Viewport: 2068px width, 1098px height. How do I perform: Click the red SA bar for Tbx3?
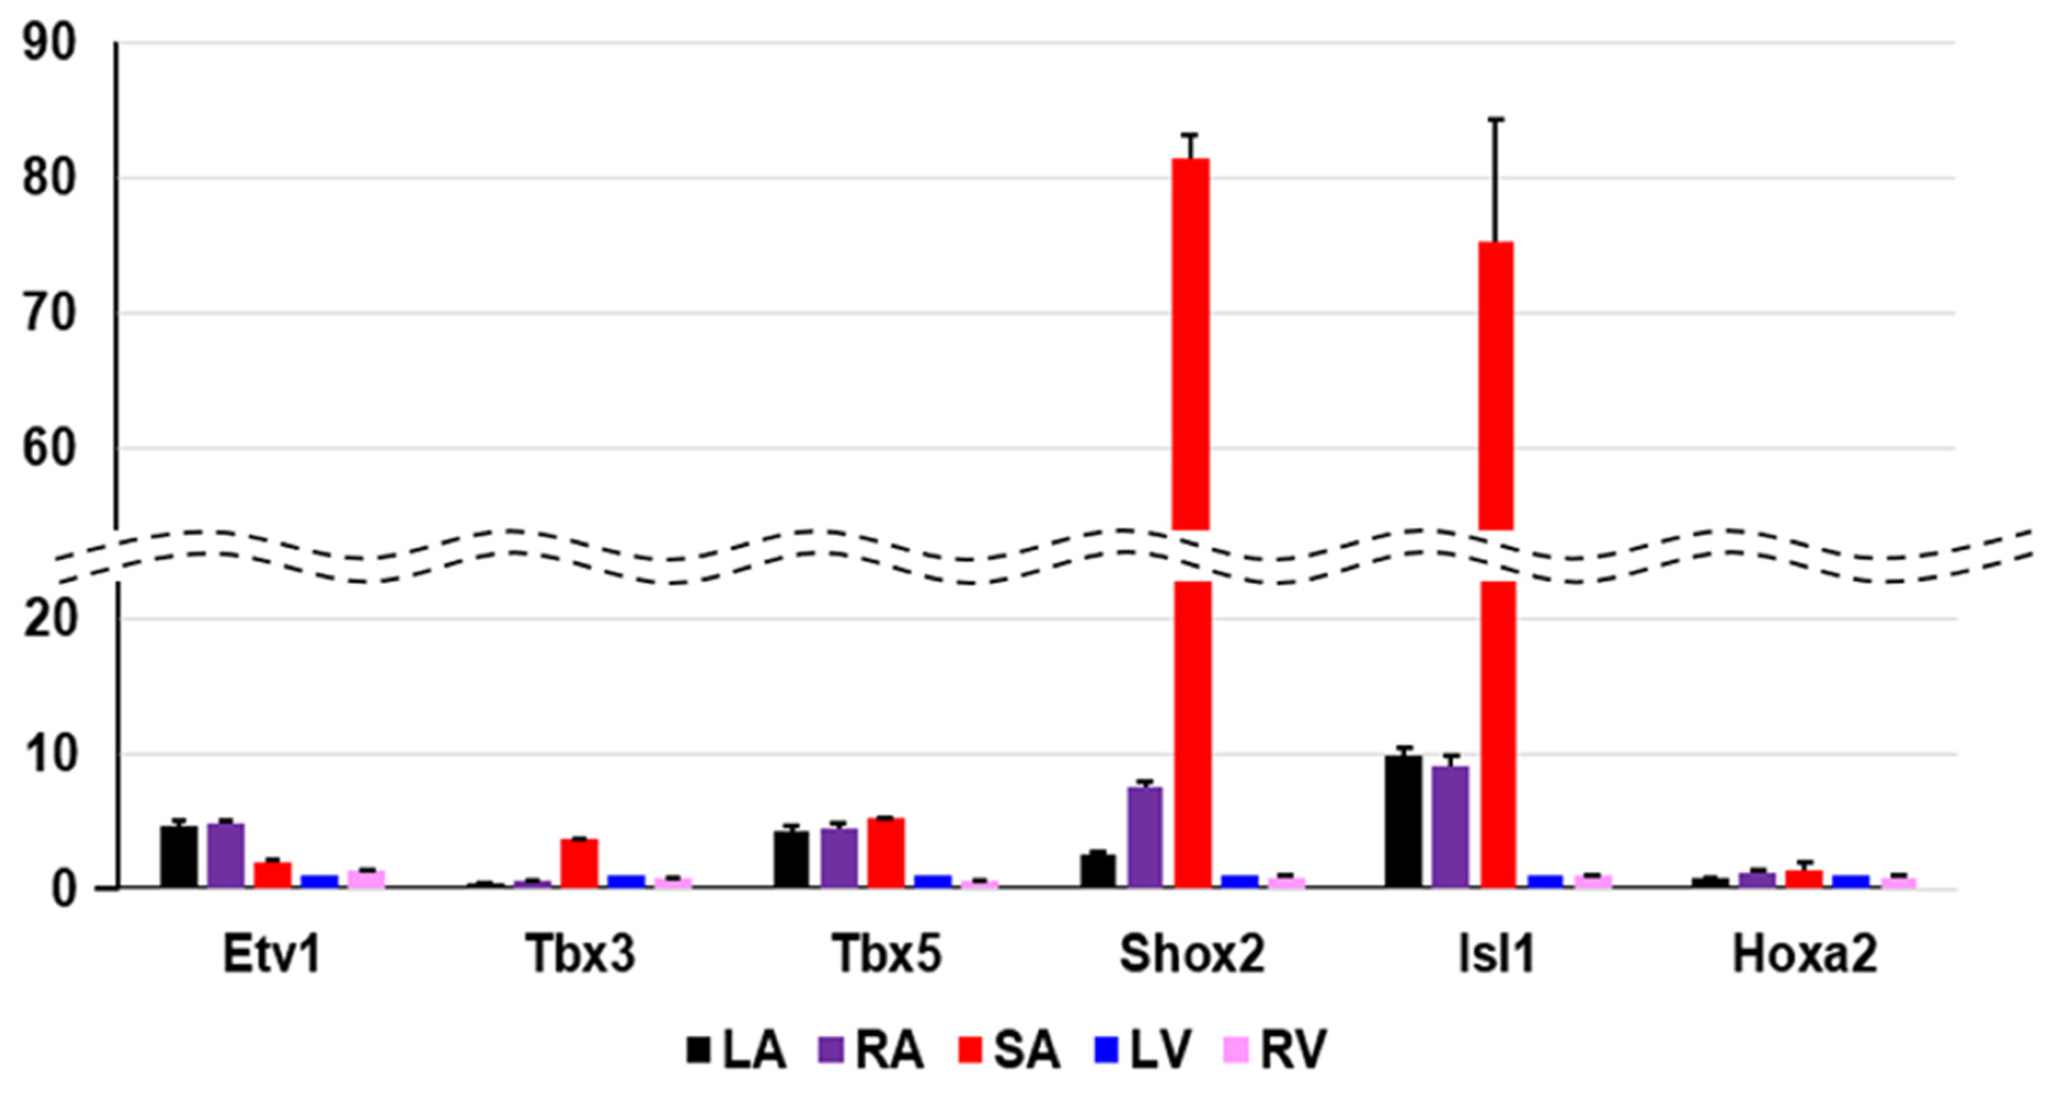579,863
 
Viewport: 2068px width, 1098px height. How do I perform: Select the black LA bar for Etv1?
178,857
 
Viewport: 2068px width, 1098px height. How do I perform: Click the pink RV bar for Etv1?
366,879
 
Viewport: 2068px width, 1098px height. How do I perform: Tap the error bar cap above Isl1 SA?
1496,119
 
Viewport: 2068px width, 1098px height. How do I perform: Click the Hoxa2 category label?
1804,955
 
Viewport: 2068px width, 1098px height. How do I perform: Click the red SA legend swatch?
970,1050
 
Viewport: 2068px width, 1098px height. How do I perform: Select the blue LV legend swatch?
1107,1050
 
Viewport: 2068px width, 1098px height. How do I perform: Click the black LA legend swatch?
699,1050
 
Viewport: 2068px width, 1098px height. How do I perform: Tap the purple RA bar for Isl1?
1450,826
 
